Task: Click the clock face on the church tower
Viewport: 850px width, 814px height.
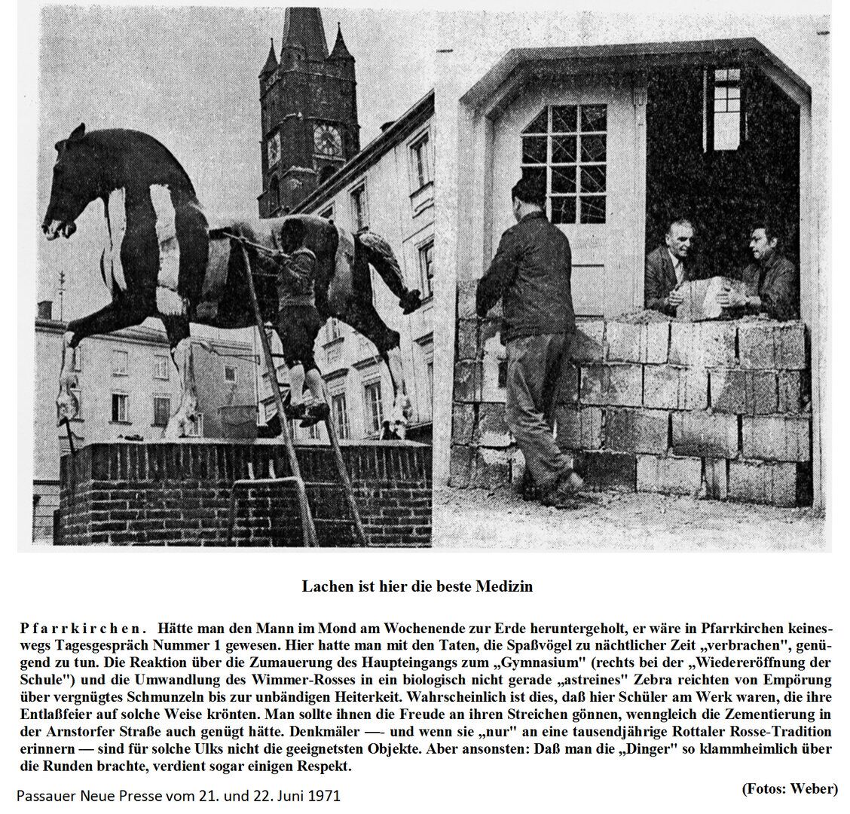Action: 327,139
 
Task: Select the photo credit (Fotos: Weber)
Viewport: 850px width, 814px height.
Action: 790,788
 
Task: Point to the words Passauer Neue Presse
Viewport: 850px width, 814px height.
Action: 90,794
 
